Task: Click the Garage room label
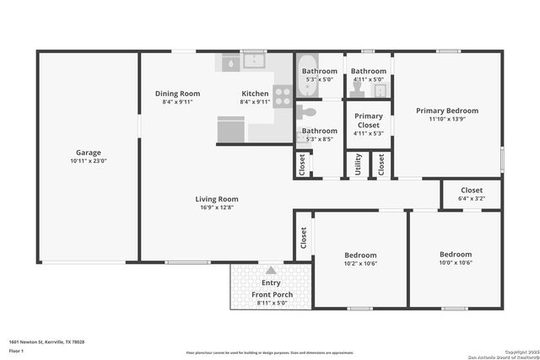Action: tap(89, 153)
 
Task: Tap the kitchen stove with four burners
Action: tap(282, 94)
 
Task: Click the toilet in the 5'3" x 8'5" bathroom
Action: tap(310, 111)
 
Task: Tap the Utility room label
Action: tap(358, 164)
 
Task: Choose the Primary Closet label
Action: tap(369, 121)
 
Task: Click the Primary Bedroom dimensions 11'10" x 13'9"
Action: tap(447, 119)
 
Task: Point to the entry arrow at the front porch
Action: tap(271, 271)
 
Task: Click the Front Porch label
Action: tap(271, 294)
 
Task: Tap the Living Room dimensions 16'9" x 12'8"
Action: tap(217, 207)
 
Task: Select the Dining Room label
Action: tap(177, 94)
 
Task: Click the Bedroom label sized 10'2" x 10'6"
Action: tap(360, 255)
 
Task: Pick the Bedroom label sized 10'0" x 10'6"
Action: tap(456, 254)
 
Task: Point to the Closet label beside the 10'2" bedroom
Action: tap(303, 238)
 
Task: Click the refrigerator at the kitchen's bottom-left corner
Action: tap(230, 129)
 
